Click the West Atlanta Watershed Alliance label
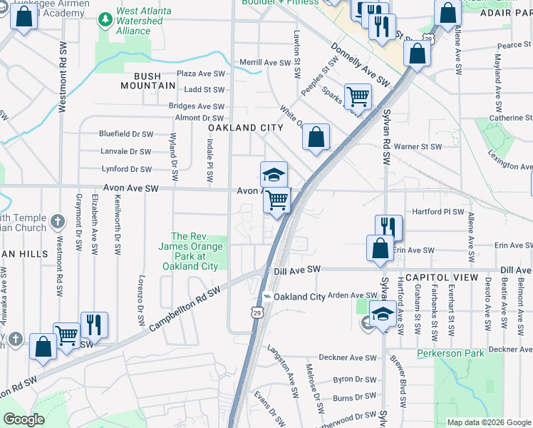[139, 21]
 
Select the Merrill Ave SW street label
[264, 63]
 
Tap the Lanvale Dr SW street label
[126, 151]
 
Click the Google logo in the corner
[24, 419]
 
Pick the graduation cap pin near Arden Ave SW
[383, 314]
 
